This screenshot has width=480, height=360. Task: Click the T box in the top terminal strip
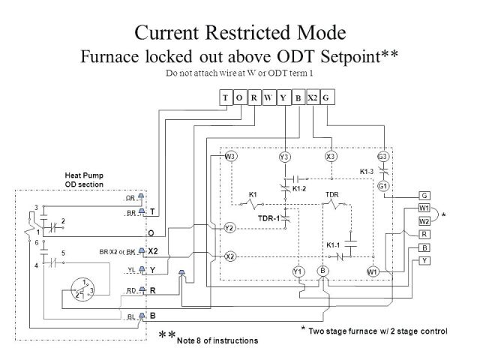coord(226,97)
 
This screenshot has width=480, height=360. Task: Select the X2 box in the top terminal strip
coord(313,97)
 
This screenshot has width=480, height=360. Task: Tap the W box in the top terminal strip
coord(268,97)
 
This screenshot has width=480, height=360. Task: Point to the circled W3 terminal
coord(231,156)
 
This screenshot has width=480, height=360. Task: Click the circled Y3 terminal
coord(284,157)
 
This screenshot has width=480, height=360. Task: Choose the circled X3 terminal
coord(331,156)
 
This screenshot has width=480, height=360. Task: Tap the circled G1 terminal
coord(382,185)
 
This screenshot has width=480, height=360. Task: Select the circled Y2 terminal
coord(230,227)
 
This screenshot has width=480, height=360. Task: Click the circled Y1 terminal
coord(298,271)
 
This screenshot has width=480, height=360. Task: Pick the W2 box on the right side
coord(424,222)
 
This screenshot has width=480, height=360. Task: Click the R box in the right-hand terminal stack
coord(424,235)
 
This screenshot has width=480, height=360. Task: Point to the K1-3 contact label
coord(367,172)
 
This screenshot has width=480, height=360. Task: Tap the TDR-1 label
coord(268,217)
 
